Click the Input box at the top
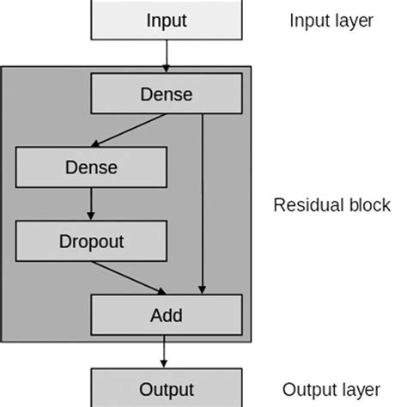pos(166,21)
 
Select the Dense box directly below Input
pos(166,94)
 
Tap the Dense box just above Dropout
pos(91,167)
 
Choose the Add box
pos(166,314)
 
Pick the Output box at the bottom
pos(166,388)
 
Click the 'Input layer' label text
pos(331,21)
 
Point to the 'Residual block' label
pos(331,206)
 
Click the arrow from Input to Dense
pos(166,55)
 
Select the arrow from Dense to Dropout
pos(91,203)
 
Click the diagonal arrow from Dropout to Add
pos(129,276)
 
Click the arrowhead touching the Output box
pos(166,364)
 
